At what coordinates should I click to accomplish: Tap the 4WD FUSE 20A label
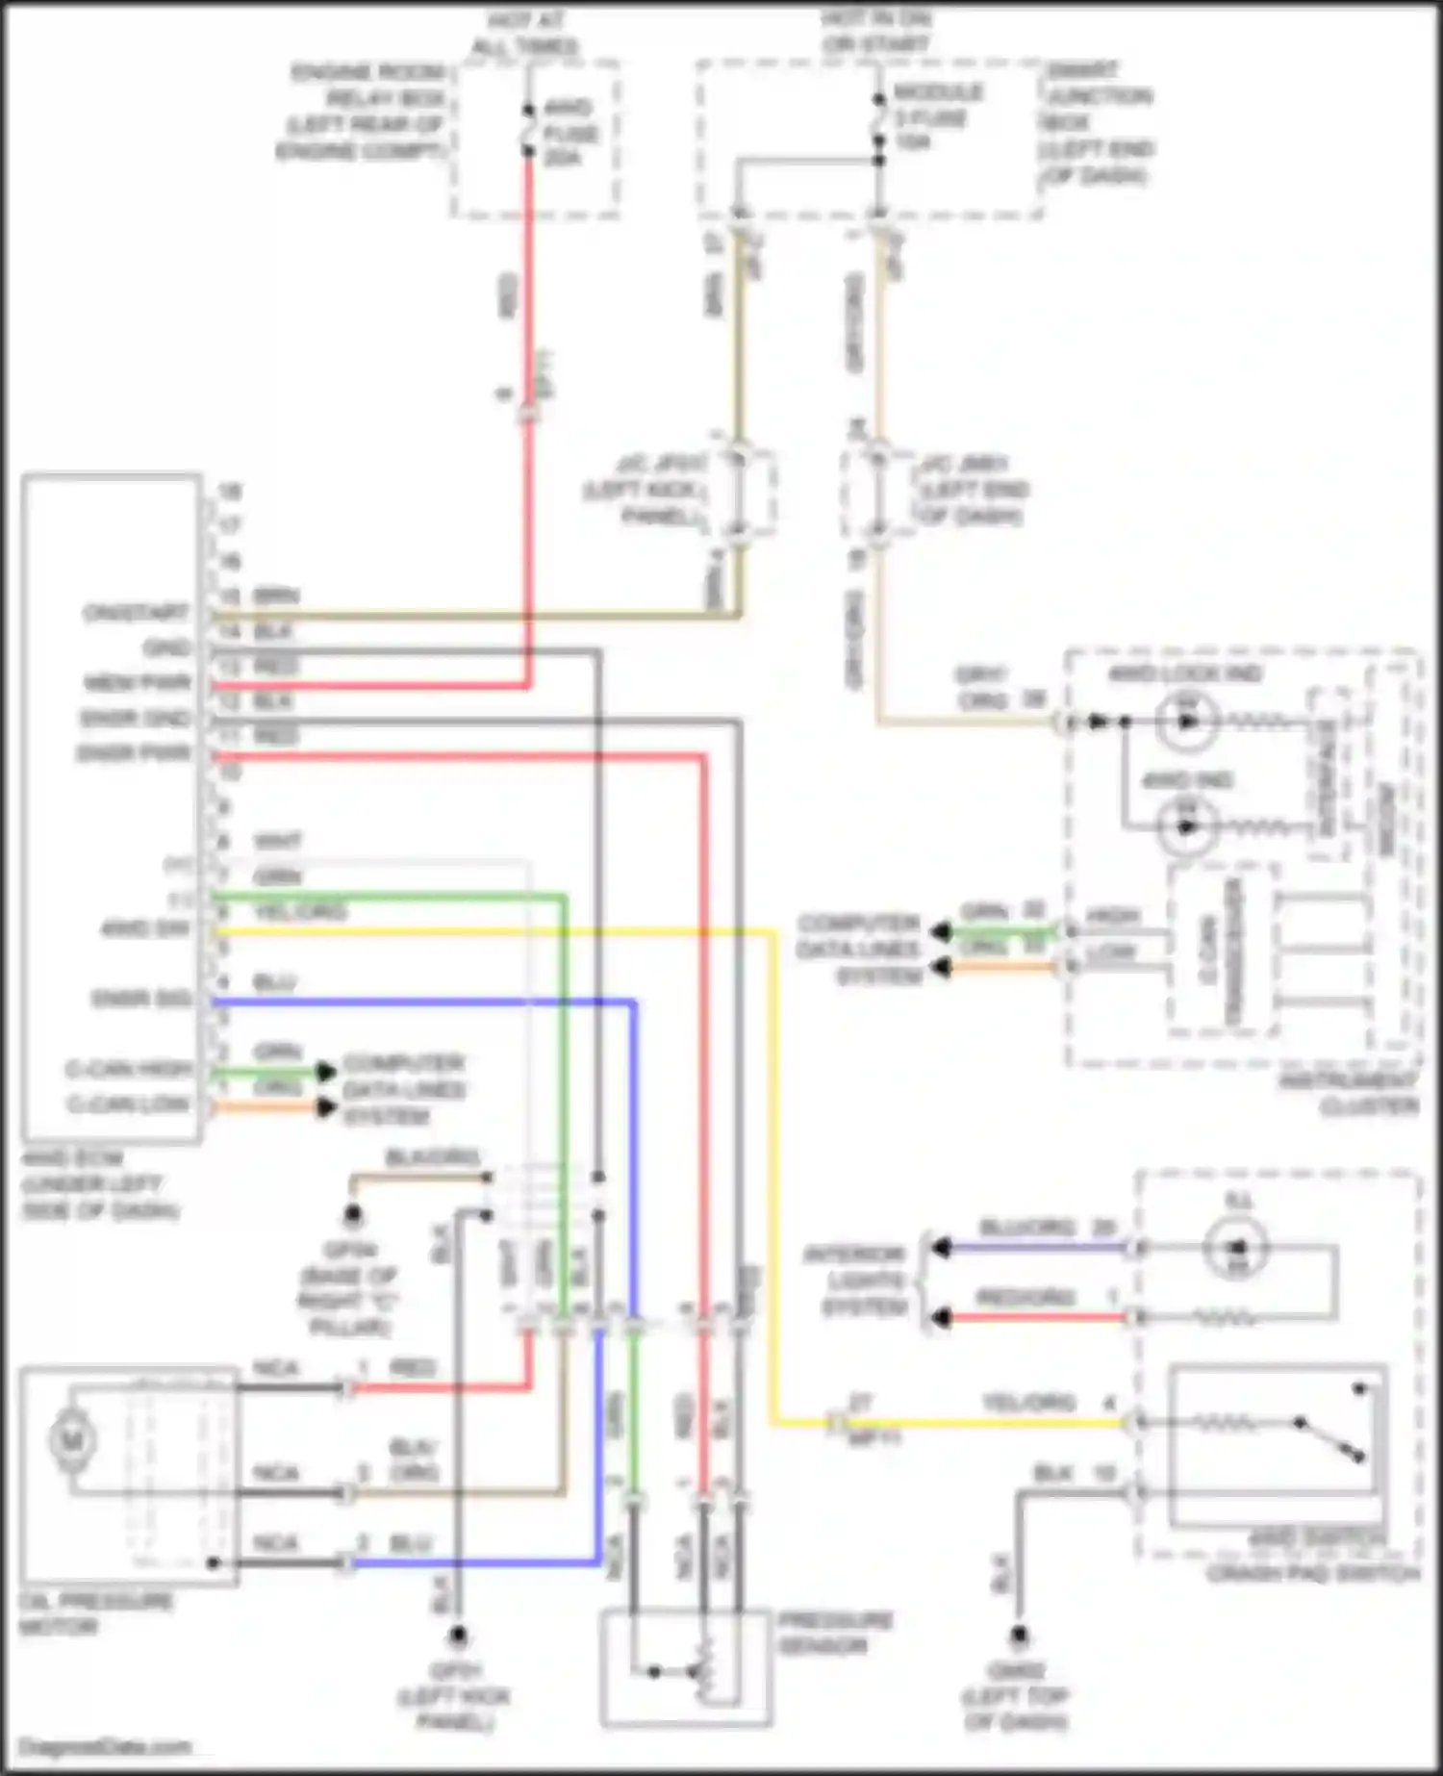[570, 132]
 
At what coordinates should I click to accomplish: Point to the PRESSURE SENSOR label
[835, 1634]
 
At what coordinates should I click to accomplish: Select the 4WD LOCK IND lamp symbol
[1188, 720]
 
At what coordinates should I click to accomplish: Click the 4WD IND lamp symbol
[1186, 825]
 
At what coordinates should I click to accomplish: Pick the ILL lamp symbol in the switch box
[1238, 1248]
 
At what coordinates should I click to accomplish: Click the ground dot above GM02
[1018, 1634]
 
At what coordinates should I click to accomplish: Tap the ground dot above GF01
[459, 1634]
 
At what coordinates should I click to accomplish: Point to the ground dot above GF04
[354, 1215]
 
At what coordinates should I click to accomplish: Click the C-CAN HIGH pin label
[129, 1069]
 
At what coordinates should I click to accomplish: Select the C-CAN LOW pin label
[129, 1104]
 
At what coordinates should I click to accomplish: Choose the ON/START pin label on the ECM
[136, 613]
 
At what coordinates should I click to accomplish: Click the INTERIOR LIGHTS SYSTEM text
[856, 1281]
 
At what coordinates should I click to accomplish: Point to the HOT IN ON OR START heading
[875, 32]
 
